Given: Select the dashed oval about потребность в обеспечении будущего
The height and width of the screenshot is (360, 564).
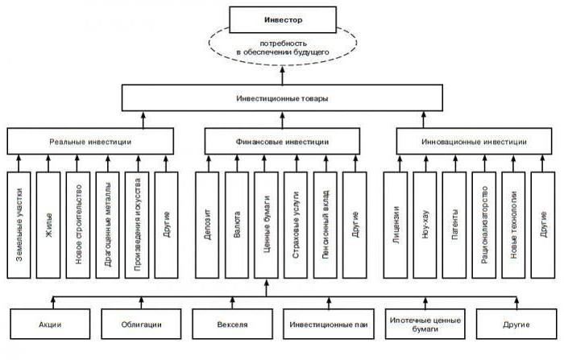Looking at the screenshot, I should (281, 46).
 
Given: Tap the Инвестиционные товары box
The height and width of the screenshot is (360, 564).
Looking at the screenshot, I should (281, 98).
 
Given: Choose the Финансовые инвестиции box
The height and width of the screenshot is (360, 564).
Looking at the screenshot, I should (281, 141).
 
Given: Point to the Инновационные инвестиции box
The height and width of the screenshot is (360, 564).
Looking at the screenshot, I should (473, 141).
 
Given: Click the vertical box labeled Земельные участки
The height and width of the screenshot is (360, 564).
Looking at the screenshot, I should (20, 225).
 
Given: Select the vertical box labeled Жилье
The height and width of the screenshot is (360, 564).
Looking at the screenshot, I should (49, 225).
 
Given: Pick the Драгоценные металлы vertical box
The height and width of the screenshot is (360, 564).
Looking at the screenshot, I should (108, 225).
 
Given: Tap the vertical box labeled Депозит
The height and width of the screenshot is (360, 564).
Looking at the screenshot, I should (208, 225).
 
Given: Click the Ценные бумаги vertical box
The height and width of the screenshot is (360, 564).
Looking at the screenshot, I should (266, 225).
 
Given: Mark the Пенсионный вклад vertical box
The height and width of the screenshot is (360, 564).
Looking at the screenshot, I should (325, 225).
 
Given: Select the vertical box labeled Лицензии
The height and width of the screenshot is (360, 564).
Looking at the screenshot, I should (396, 225).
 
